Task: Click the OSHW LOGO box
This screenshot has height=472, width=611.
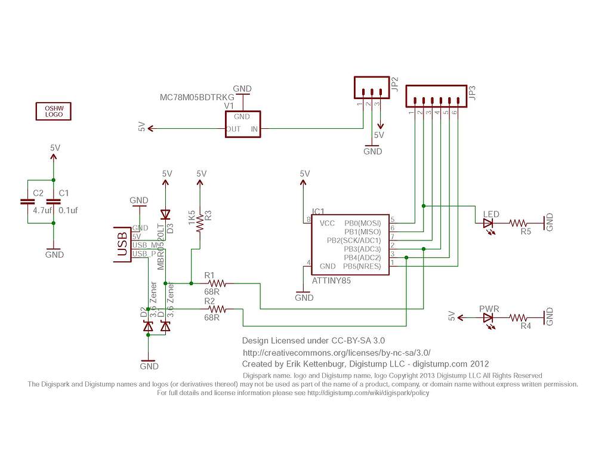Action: [x=54, y=111]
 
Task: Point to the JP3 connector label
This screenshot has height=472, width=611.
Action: [x=473, y=94]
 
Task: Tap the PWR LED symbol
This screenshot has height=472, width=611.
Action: [x=489, y=319]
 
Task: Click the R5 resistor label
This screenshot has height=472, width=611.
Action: [x=525, y=231]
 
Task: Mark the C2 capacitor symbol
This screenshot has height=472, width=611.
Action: [x=27, y=202]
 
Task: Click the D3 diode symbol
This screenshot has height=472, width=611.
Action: [x=165, y=215]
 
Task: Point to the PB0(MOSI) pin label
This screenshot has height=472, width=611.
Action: [x=366, y=223]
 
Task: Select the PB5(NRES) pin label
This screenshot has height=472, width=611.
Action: [x=366, y=266]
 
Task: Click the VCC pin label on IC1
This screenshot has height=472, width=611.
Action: [x=328, y=223]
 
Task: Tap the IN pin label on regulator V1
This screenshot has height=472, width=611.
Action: [x=254, y=129]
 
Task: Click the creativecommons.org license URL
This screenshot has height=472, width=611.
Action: [x=336, y=353]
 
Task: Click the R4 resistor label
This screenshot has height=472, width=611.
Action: [x=525, y=326]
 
